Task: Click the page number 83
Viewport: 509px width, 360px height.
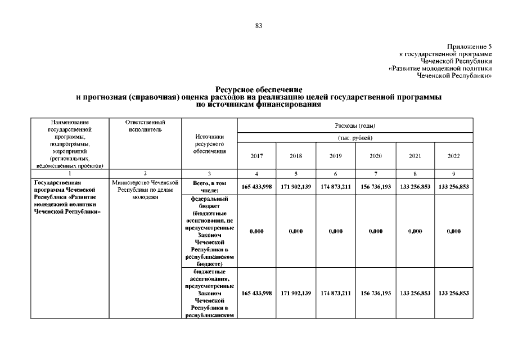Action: point(259,26)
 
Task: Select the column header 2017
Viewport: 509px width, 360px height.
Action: point(256,156)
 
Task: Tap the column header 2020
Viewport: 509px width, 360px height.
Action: point(375,156)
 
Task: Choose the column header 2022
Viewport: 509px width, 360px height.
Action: point(453,156)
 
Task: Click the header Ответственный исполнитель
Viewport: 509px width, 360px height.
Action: point(145,125)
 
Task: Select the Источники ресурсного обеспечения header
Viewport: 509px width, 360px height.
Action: point(209,143)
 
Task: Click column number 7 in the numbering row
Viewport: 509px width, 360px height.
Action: point(375,173)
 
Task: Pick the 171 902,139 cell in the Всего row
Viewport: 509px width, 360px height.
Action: point(296,186)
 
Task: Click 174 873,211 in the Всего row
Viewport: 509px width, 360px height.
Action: point(335,186)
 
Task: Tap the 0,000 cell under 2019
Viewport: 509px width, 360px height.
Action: point(335,231)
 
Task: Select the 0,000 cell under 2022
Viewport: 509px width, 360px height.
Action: point(453,231)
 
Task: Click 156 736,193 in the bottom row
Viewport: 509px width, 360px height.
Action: point(375,293)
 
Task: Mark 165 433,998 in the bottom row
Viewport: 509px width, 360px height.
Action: point(256,293)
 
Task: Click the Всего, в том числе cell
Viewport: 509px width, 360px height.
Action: point(209,186)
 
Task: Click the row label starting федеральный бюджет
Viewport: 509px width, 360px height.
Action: point(209,231)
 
